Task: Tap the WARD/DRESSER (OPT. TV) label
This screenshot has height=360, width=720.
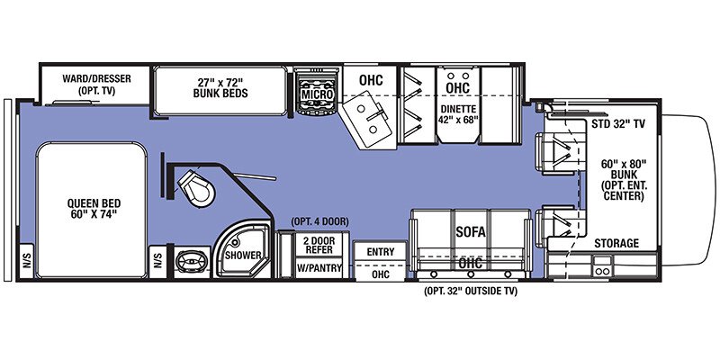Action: pyautogui.click(x=96, y=85)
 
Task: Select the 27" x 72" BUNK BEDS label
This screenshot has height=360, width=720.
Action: pyautogui.click(x=223, y=87)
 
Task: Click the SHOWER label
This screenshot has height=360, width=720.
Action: pyautogui.click(x=242, y=256)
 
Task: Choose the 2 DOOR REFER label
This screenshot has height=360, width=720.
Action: pyautogui.click(x=319, y=244)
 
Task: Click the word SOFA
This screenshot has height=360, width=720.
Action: pyautogui.click(x=470, y=232)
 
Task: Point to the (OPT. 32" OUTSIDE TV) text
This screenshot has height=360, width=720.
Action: pyautogui.click(x=470, y=291)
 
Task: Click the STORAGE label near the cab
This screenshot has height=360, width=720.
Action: pyautogui.click(x=616, y=243)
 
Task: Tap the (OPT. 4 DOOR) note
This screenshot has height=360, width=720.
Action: pyautogui.click(x=319, y=222)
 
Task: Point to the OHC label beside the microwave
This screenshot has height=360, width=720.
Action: pyautogui.click(x=371, y=80)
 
